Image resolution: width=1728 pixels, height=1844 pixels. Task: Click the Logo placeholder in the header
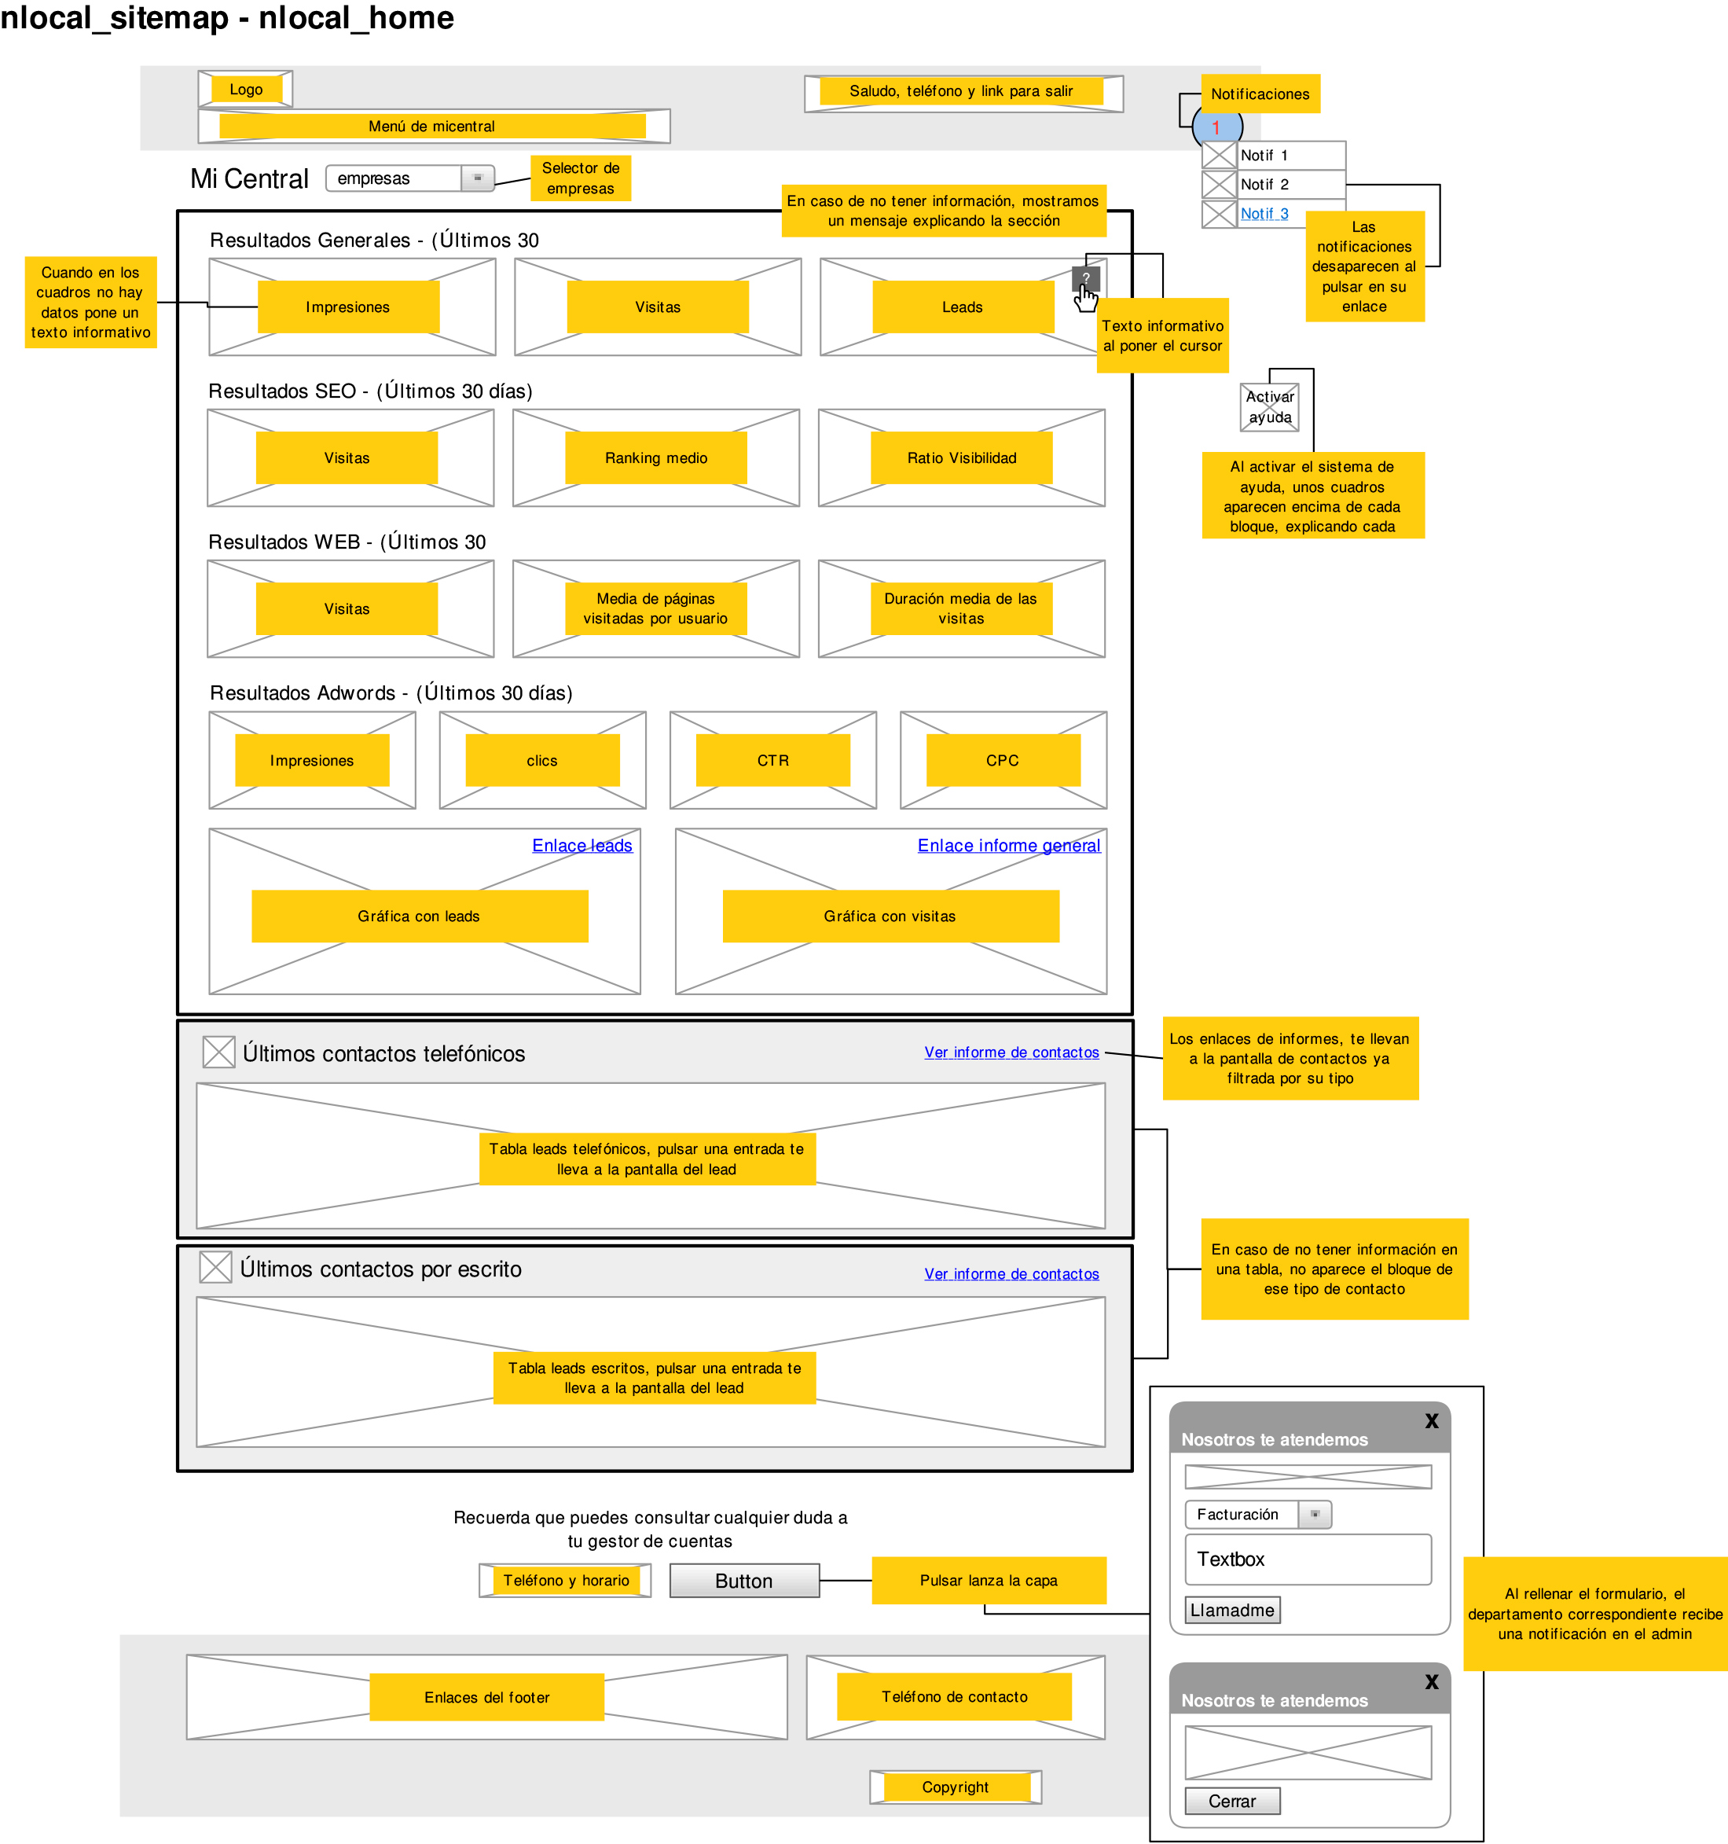(246, 89)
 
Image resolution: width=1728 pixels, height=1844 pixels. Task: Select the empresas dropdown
(410, 178)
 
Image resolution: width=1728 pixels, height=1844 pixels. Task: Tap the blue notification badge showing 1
(1217, 127)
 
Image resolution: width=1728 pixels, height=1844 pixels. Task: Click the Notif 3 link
(1264, 213)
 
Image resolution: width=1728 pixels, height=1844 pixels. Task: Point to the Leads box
(962, 307)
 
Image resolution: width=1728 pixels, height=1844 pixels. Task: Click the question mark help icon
(1085, 277)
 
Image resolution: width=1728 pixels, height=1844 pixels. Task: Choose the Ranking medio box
(656, 458)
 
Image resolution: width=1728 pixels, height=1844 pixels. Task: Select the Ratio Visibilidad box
(961, 458)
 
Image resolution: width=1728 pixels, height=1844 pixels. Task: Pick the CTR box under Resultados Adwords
(772, 761)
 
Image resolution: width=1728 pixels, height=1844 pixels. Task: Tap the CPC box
(1003, 761)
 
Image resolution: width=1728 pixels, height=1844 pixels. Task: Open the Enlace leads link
(582, 846)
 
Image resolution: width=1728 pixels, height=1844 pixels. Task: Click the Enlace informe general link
(1008, 846)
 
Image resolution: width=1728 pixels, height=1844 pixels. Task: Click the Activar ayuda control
(1270, 407)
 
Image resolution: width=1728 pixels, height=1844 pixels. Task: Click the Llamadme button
(1232, 1611)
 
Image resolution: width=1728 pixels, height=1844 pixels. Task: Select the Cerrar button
(1232, 1802)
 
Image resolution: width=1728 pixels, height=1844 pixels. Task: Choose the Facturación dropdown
(1258, 1515)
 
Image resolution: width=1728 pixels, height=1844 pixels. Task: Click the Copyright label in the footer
(956, 1787)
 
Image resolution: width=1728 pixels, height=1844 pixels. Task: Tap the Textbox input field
(1308, 1559)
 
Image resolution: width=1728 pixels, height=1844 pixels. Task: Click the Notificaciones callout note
(1260, 94)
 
